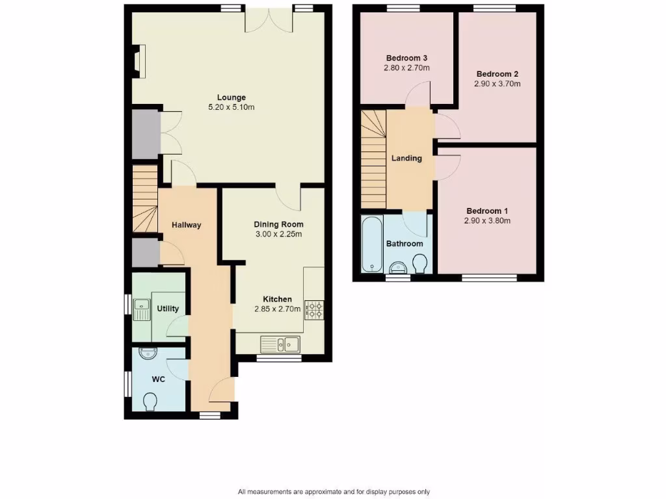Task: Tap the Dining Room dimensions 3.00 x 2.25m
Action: coord(278,235)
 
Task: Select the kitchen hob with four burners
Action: coord(313,309)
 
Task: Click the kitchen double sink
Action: coord(279,343)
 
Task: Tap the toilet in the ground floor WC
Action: coord(151,402)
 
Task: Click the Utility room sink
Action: coord(140,309)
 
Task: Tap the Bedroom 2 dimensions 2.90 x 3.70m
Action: coord(498,84)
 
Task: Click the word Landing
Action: coord(406,158)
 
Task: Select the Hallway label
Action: coord(187,225)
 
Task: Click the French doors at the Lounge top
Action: coord(269,19)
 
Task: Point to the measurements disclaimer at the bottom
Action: coord(334,492)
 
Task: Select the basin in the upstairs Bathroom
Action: coord(397,267)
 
